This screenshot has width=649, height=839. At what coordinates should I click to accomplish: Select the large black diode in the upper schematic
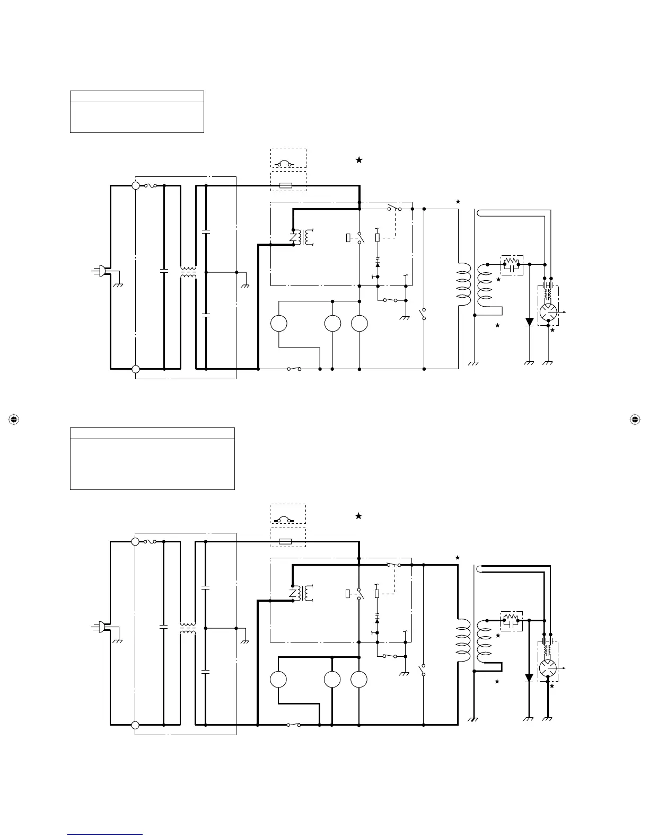pyautogui.click(x=529, y=322)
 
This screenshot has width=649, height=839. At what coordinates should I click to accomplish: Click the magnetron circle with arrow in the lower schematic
pyautogui.click(x=548, y=668)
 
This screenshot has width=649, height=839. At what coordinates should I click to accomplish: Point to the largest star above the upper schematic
pyautogui.click(x=359, y=160)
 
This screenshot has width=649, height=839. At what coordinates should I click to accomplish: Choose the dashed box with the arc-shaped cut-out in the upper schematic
pyautogui.click(x=288, y=158)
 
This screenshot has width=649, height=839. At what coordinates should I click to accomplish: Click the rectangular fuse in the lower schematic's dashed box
pyautogui.click(x=285, y=542)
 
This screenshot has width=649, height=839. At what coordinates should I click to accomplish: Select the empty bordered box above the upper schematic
pyautogui.click(x=137, y=112)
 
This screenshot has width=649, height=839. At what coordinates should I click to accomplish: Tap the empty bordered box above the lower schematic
pyautogui.click(x=152, y=459)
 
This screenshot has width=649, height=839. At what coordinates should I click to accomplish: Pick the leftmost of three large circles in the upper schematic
pyautogui.click(x=279, y=324)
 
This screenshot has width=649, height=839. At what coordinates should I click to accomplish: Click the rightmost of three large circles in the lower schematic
pyautogui.click(x=359, y=680)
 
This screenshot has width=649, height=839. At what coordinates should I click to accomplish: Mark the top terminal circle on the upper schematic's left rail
pyautogui.click(x=136, y=185)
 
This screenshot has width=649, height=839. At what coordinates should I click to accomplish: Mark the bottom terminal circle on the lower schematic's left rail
pyautogui.click(x=135, y=725)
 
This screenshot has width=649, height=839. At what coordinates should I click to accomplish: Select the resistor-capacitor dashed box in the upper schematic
pyautogui.click(x=512, y=264)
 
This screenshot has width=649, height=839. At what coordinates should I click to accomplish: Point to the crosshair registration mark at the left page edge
pyautogui.click(x=14, y=419)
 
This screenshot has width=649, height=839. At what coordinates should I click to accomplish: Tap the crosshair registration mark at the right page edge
pyautogui.click(x=634, y=419)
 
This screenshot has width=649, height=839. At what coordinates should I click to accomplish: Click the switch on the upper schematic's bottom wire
pyautogui.click(x=294, y=369)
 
